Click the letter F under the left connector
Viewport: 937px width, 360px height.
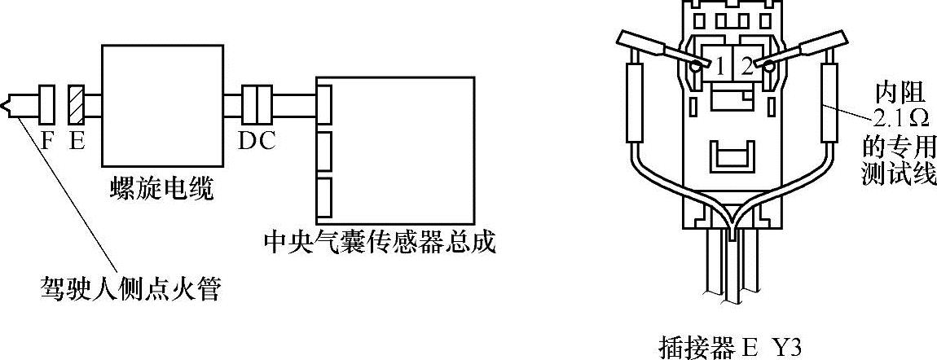pos(46,142)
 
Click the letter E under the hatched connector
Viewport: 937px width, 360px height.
pos(77,142)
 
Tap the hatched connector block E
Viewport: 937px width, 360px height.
pos(77,105)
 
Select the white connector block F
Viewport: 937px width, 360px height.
pos(46,105)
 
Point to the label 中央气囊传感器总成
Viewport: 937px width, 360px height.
pos(381,243)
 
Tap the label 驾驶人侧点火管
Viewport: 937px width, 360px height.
pos(130,289)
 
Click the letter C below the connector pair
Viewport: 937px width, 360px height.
pos(266,142)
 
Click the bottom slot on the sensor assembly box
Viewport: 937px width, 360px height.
pos(323,196)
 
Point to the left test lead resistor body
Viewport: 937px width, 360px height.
pos(635,105)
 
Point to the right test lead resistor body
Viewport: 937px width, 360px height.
pos(831,105)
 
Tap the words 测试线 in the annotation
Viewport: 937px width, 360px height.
pos(899,173)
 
